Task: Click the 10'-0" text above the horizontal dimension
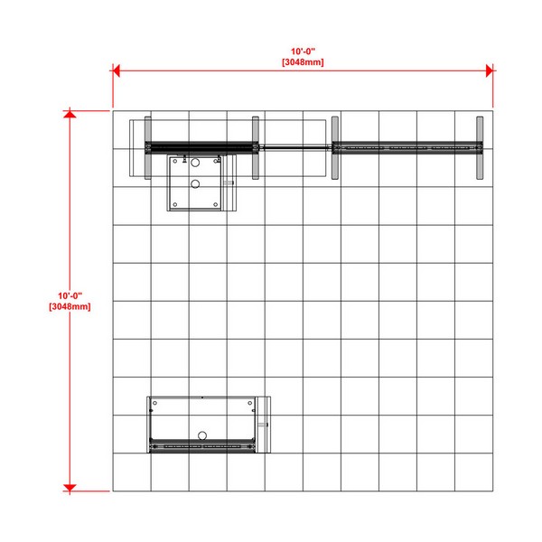303,51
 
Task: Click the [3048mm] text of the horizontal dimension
303,62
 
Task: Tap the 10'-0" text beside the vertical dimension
70,296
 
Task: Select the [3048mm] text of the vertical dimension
70,306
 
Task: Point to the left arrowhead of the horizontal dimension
117,70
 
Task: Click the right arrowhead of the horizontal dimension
489,70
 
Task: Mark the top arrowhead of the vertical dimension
70,114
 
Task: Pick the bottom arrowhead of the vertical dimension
70,488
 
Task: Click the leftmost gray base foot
148,148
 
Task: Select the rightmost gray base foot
480,148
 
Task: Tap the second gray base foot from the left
256,148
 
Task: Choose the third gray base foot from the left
335,148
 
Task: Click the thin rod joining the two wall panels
295,147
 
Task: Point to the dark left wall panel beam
201,147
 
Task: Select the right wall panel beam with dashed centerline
407,147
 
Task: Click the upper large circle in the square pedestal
195,163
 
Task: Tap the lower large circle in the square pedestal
195,184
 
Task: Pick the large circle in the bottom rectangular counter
202,435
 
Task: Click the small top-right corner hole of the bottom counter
250,403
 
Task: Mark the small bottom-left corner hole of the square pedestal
175,205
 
